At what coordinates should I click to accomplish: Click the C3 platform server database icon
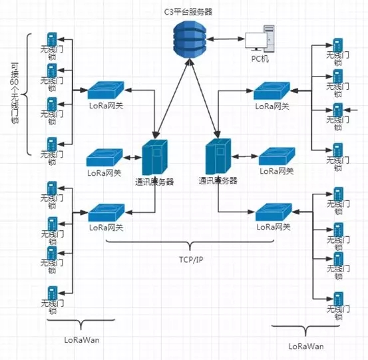coord(190,39)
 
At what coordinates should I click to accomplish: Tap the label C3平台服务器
coord(188,12)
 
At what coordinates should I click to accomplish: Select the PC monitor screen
coord(256,41)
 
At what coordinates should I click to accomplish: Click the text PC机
coord(260,59)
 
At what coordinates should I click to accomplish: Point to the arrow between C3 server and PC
coord(226,39)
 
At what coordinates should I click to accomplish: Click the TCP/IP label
coord(191,260)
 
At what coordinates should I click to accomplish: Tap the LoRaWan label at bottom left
coord(82,340)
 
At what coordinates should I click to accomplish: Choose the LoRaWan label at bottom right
coord(306,347)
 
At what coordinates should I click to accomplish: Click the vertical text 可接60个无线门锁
coord(15,93)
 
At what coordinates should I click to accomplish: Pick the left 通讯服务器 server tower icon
coord(154,157)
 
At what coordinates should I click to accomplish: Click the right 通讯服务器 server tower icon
coord(218,156)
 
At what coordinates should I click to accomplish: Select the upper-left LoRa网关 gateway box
coord(106,90)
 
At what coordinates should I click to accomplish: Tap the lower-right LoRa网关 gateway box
coord(274,212)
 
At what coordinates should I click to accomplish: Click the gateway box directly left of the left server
coord(104,158)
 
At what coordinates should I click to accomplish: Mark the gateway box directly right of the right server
coord(277,156)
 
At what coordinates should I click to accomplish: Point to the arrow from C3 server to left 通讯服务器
coord(172,98)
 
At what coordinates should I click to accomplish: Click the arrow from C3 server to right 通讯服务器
coord(204,98)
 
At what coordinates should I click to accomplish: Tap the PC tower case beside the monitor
coord(269,39)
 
